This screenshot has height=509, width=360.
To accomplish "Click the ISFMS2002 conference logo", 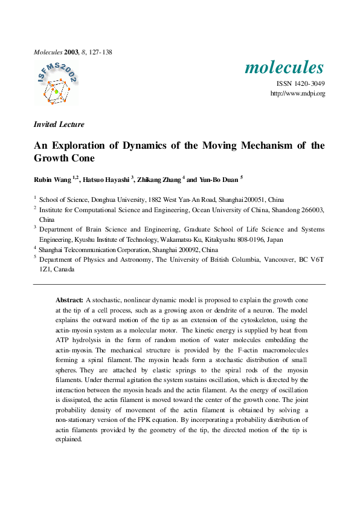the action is (57, 83).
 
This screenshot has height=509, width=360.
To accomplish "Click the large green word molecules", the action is (284, 67).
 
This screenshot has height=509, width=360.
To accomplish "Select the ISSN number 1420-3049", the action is (309, 84).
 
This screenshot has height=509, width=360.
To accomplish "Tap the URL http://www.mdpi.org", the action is (298, 93).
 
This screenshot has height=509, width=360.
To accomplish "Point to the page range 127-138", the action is (99, 52).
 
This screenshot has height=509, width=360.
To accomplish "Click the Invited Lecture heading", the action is (59, 125).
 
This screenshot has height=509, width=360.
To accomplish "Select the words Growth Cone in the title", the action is (63, 159).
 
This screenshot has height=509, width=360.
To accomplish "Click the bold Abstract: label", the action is (69, 300).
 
